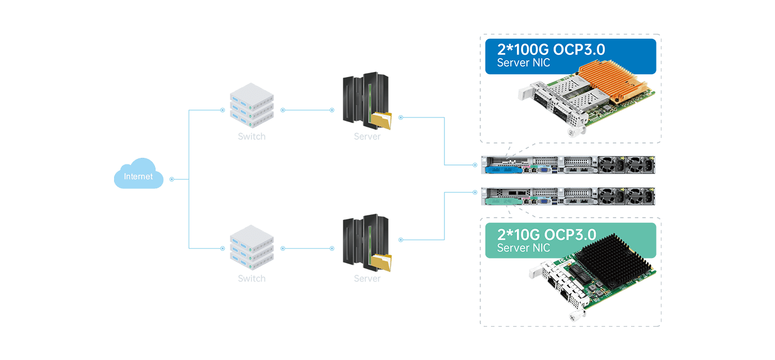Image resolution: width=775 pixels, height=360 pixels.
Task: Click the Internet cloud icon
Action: [138, 174]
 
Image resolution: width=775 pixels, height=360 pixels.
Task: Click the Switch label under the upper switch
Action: [252, 136]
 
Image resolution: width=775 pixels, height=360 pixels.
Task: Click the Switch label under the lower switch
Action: [252, 279]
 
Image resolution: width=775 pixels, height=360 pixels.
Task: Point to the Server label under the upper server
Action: [367, 136]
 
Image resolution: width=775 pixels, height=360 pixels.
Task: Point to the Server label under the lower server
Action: [367, 279]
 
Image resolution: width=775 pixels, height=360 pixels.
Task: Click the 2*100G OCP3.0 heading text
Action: [551, 50]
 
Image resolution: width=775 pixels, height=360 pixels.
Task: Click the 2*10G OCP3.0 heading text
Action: [546, 235]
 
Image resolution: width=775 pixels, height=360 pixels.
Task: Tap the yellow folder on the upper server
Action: [381, 120]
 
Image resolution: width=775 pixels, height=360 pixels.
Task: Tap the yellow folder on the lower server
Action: [381, 263]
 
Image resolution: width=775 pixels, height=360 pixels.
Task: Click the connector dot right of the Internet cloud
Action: [172, 179]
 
